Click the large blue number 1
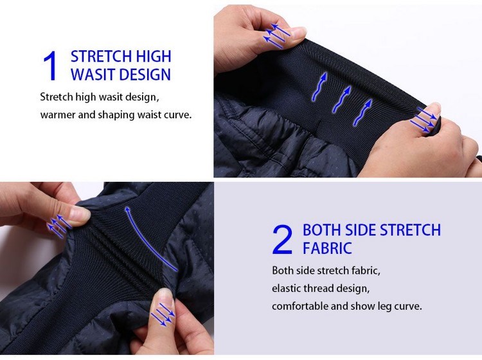[x=50, y=66]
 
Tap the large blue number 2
[x=282, y=240]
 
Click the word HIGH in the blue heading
[x=154, y=57]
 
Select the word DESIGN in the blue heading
[x=145, y=75]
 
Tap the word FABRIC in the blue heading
[x=327, y=248]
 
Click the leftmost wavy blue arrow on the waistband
[x=319, y=87]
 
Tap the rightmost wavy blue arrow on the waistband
[x=362, y=113]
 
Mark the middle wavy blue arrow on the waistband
[x=341, y=99]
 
